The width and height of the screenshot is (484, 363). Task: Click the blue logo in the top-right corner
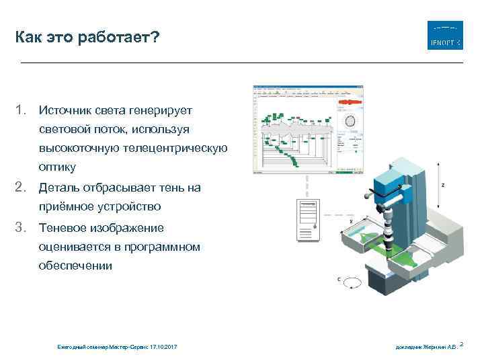(x=445, y=36)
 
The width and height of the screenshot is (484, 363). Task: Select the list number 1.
(x=22, y=109)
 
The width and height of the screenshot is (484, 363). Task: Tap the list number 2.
(x=22, y=187)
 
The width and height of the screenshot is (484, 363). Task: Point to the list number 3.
(x=22, y=227)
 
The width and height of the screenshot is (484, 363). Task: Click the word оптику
(x=57, y=167)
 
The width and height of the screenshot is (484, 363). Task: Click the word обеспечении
(x=76, y=266)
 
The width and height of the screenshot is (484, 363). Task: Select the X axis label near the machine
(x=352, y=220)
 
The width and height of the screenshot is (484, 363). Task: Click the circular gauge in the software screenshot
(x=350, y=122)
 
